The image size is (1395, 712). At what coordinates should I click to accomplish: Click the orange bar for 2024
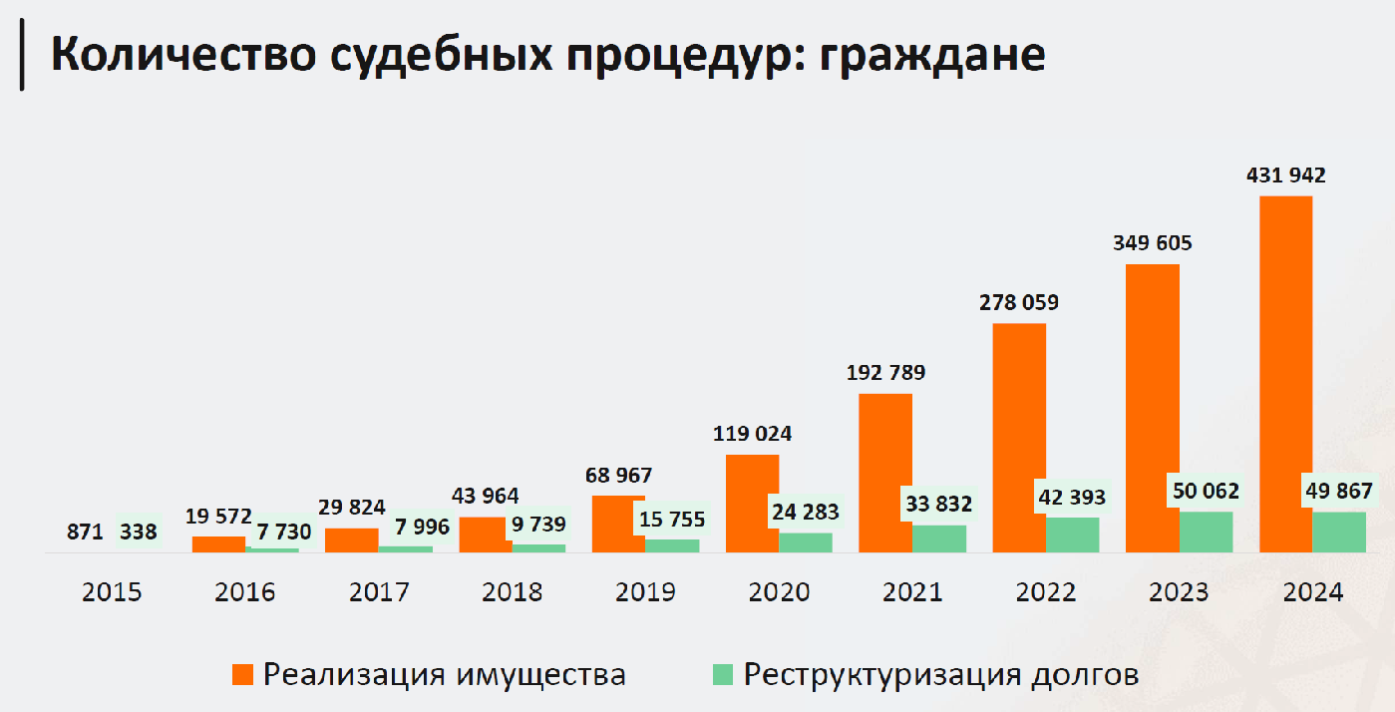point(1285,373)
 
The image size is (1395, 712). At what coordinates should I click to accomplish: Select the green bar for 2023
point(1207,532)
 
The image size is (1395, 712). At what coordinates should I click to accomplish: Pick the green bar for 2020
point(806,541)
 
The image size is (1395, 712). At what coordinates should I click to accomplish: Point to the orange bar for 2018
point(485,534)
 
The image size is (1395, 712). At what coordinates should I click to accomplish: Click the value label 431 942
point(1285,176)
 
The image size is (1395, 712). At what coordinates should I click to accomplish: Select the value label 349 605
point(1152,243)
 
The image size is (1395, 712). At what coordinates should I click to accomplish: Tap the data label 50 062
point(1206,491)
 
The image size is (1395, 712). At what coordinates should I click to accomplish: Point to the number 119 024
point(752,434)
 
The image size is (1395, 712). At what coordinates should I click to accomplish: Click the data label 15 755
point(673,519)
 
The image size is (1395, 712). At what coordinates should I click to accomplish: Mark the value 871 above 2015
point(86,533)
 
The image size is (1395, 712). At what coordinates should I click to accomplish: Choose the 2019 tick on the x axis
point(645,592)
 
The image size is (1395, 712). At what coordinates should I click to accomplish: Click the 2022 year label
point(1046,592)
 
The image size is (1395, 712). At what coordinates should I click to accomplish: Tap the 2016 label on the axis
point(245,592)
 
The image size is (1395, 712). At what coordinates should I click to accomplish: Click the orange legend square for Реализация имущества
point(242,675)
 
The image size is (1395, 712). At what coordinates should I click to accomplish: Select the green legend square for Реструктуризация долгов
point(723,675)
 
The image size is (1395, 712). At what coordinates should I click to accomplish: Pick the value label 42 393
point(1073,497)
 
